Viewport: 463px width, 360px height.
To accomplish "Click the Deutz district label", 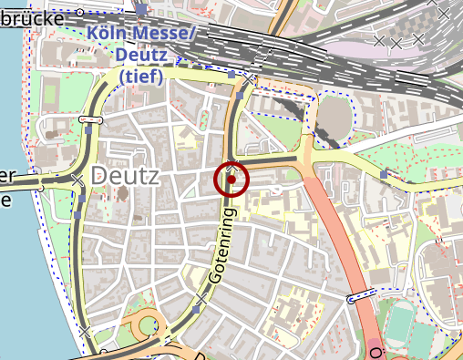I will (126, 175).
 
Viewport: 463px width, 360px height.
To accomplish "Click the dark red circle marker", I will (232, 180).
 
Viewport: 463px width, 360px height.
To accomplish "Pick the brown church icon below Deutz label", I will (123, 195).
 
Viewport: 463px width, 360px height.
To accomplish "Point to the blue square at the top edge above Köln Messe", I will (141, 8).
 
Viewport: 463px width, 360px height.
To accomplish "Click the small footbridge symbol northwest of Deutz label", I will (88, 119).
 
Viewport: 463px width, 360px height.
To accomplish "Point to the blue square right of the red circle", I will (384, 173).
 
